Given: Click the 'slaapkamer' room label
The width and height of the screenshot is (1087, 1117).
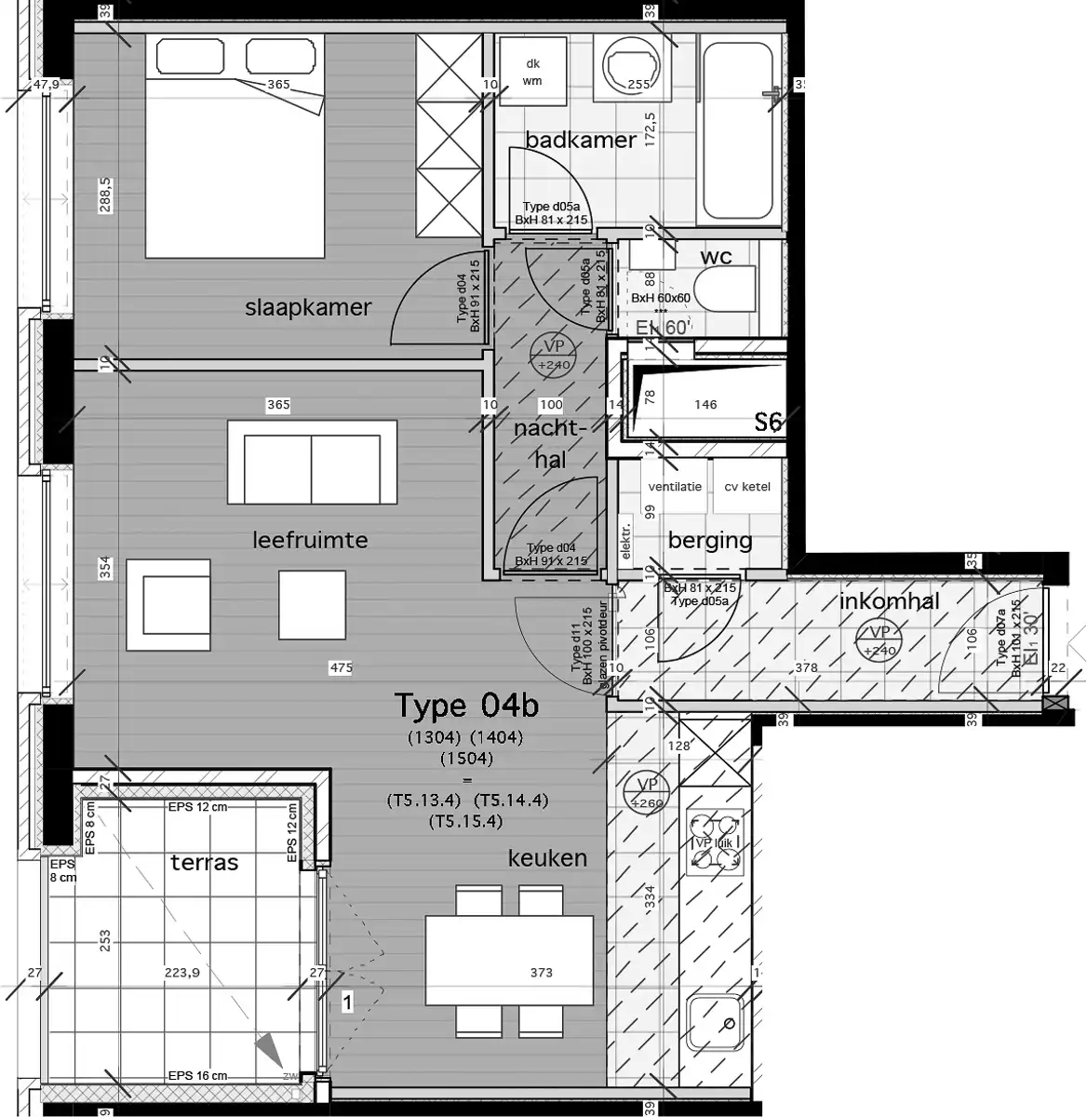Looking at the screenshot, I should point(308,308).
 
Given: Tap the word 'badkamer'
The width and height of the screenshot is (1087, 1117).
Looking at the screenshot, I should point(581,140).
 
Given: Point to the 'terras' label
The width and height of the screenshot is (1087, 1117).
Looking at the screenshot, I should point(204,863).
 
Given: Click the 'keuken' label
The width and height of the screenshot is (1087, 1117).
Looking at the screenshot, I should point(547,858).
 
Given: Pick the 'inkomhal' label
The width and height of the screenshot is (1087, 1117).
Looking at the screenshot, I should point(889,601).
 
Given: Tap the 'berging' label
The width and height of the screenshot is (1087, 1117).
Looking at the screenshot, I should point(709,540).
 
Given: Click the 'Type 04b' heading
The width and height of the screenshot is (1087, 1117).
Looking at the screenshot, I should point(466,706).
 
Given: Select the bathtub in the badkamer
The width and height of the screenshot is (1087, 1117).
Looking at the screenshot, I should point(736,129).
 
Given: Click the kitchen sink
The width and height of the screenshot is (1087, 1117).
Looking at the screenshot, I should point(715,1022).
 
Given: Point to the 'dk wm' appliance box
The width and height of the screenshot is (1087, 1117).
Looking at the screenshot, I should point(532,72).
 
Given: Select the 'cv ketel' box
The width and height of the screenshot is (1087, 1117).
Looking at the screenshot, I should point(747,487).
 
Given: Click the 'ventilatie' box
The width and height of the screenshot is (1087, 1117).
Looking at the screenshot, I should point(676,487).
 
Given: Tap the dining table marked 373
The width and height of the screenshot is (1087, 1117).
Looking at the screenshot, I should point(509,962).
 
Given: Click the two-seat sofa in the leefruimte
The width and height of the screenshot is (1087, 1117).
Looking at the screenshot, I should point(312,463).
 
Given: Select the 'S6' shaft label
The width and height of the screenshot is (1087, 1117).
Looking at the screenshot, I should point(768,424).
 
